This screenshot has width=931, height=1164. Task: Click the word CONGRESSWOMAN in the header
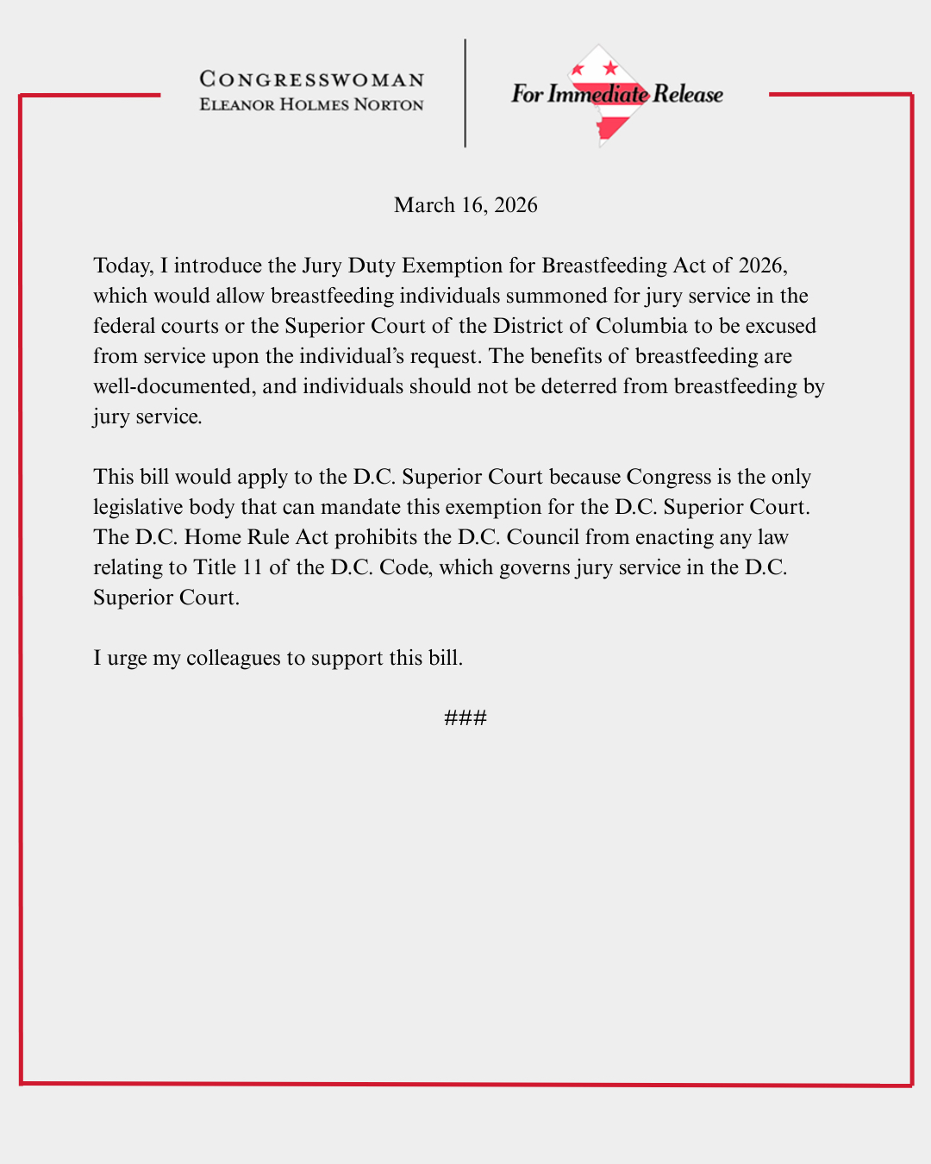312,79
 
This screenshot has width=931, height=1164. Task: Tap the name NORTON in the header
389,105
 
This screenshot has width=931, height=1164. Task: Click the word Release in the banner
688,94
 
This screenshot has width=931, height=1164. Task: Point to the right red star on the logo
610,67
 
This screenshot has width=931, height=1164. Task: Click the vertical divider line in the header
465,93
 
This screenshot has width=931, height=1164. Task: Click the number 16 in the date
473,205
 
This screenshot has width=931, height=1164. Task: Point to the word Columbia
641,326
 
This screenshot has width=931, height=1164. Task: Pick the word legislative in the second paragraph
138,507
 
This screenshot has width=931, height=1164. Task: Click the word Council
543,537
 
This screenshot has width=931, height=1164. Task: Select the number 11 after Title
252,567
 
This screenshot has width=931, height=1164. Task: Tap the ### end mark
465,718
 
